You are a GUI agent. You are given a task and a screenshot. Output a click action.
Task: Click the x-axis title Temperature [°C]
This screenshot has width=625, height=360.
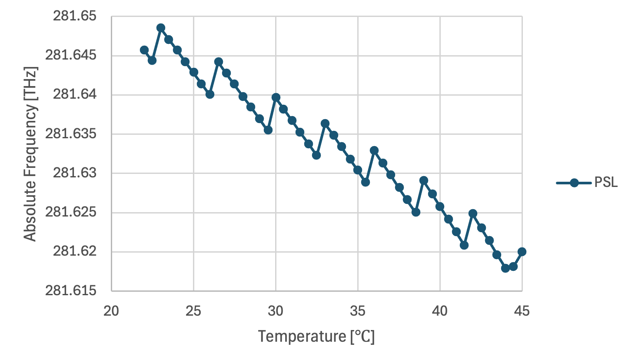tap(316, 336)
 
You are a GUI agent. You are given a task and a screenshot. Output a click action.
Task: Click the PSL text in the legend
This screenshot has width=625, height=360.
tap(606, 183)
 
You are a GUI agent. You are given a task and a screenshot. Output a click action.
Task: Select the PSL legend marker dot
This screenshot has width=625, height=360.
tap(574, 183)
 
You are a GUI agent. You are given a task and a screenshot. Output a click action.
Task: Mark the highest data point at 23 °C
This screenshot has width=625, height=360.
tap(161, 28)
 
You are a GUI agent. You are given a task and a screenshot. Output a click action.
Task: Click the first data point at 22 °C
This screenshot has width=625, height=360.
tap(144, 50)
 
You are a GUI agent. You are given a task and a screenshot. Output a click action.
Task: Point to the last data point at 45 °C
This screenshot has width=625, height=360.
tap(522, 252)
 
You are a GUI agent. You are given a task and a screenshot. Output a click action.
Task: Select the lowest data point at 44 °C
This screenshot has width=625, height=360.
tap(505, 268)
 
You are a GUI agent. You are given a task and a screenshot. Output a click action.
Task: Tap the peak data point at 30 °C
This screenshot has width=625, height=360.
tap(276, 97)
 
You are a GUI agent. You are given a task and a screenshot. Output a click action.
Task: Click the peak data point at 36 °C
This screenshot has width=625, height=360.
tap(374, 150)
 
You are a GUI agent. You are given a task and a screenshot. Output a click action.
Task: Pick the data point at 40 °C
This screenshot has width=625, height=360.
tap(440, 206)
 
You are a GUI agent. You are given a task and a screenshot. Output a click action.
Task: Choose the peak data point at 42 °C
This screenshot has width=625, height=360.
tap(473, 213)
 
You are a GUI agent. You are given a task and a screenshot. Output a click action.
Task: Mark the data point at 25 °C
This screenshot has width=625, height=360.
tap(193, 72)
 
